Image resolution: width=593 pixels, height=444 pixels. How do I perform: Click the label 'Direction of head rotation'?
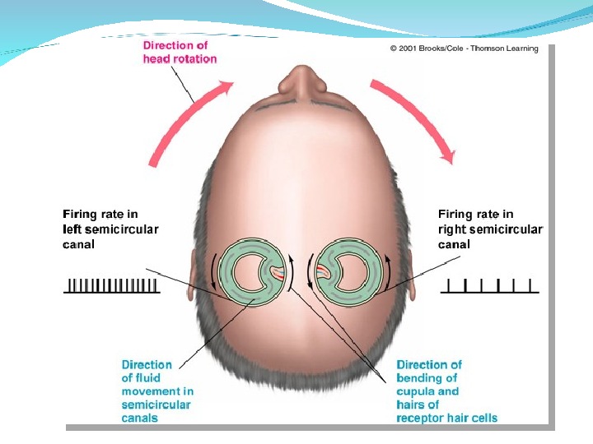[x=180, y=52]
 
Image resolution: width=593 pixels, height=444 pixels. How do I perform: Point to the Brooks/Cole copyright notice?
[x=464, y=49]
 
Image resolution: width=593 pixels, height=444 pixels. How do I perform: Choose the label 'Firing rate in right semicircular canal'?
[x=489, y=229]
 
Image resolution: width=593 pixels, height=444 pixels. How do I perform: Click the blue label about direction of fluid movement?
[x=157, y=391]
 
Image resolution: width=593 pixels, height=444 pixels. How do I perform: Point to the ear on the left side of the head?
[x=195, y=271]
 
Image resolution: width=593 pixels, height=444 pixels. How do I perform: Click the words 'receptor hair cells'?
[x=446, y=419]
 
